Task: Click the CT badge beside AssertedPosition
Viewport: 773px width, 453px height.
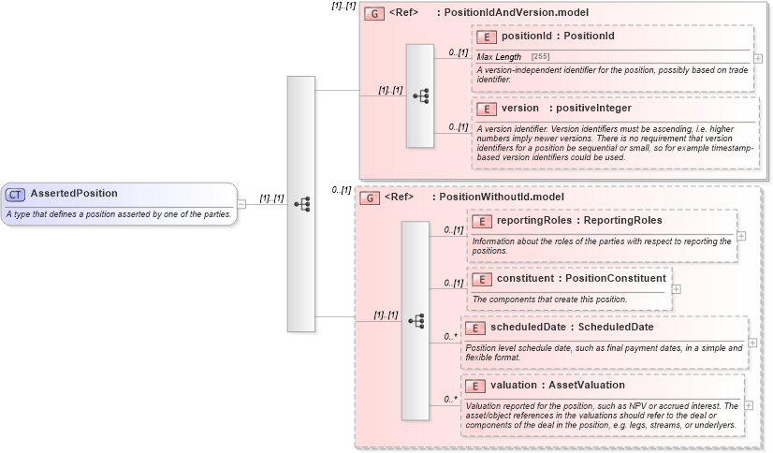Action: [16, 194]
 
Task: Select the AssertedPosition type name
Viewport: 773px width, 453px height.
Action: [74, 194]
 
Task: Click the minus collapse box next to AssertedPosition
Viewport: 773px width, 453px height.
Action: [241, 203]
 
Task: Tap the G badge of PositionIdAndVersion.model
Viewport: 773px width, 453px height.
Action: [373, 14]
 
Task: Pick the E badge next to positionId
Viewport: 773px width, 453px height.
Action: [486, 37]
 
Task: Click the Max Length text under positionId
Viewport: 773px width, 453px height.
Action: [499, 57]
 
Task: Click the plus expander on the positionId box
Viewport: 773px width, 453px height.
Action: [758, 58]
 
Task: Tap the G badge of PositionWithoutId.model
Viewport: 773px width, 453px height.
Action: [370, 197]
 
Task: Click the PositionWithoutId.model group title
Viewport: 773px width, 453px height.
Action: [497, 197]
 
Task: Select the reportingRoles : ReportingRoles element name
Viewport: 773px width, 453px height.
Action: [578, 221]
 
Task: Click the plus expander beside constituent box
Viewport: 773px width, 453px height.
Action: [677, 288]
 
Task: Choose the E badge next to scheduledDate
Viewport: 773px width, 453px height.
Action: [475, 328]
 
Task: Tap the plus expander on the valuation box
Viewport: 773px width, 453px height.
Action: [749, 404]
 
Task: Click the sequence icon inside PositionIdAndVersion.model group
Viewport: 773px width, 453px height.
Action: [420, 95]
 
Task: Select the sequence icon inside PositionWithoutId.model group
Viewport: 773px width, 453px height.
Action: [416, 320]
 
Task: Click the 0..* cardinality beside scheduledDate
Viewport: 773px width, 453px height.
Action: [450, 335]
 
